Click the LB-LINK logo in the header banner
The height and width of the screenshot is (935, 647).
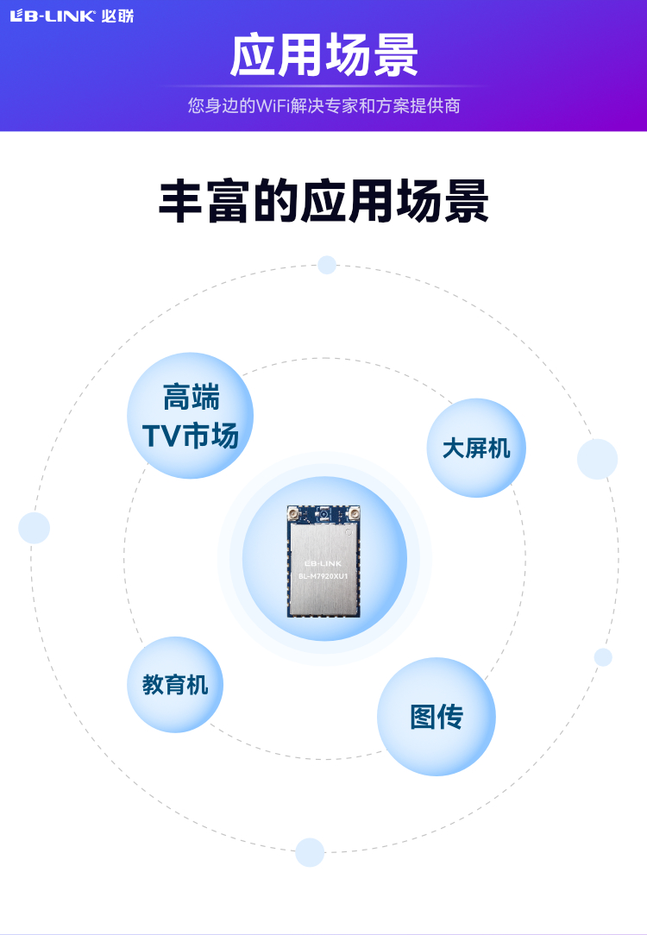click(x=53, y=16)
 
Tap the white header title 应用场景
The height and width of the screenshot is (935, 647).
click(x=323, y=56)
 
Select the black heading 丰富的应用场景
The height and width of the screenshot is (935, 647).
click(x=323, y=201)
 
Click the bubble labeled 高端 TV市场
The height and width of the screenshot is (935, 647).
click(x=191, y=416)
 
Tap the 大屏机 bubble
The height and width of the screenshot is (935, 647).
click(x=476, y=448)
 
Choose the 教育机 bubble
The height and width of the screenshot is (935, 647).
click(x=175, y=685)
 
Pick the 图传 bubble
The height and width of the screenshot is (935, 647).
click(x=437, y=717)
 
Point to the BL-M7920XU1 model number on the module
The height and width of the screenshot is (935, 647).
click(x=323, y=575)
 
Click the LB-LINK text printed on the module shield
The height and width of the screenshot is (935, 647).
click(x=323, y=562)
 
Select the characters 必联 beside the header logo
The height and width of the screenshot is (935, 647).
click(x=116, y=16)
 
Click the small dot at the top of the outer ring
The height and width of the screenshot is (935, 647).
click(x=327, y=265)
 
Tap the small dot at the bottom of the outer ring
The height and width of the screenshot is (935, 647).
click(x=310, y=852)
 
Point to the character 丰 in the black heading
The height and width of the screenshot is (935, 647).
click(x=180, y=201)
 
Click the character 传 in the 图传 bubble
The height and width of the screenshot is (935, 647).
click(x=450, y=717)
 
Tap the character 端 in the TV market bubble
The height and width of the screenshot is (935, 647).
click(x=205, y=398)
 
